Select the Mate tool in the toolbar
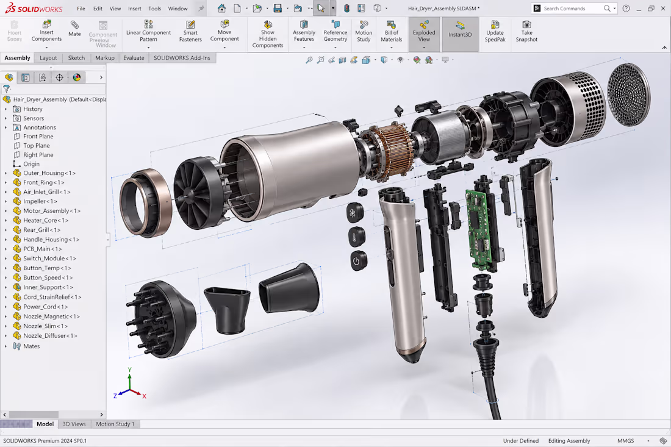(x=74, y=29)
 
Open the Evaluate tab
(x=134, y=58)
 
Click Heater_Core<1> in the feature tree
(x=46, y=220)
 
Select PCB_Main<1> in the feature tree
(x=42, y=249)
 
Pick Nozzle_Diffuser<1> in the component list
(x=50, y=336)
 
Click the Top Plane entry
(x=37, y=145)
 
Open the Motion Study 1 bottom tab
(x=115, y=424)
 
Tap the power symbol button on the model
(x=357, y=260)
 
